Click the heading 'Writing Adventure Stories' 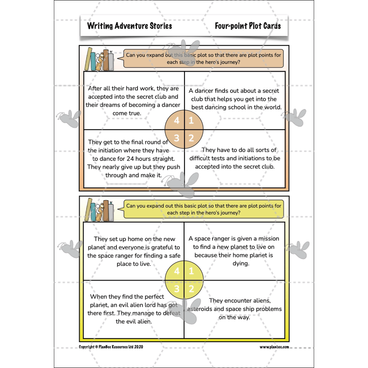coord(129,26)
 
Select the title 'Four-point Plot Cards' coord(247,26)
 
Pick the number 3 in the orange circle coord(177,138)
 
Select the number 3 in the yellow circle coord(177,288)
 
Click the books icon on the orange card coord(100,60)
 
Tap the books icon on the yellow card coord(100,209)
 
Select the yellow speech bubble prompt coord(204,210)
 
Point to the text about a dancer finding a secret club coord(235,99)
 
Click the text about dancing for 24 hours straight coord(134,158)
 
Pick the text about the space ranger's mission coord(235,251)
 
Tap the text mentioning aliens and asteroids coord(235,309)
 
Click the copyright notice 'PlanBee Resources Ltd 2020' coord(111,347)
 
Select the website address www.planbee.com coord(274,347)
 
